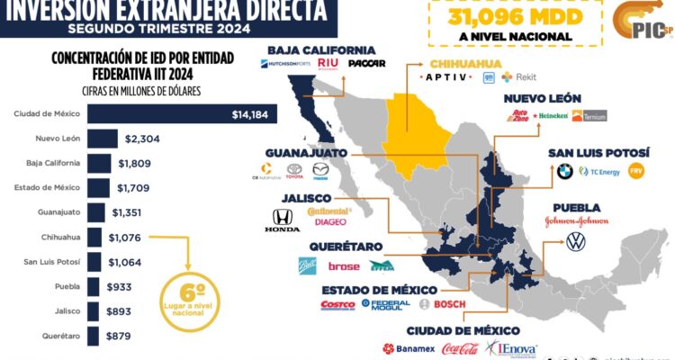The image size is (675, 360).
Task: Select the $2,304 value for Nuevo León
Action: (x=143, y=139)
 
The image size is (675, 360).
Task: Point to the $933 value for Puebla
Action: (x=119, y=287)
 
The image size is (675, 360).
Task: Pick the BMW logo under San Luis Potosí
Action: (x=564, y=170)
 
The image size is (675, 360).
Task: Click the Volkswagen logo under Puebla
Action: (x=575, y=242)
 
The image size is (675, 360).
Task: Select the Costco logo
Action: (x=337, y=305)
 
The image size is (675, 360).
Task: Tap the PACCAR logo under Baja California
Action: (x=369, y=63)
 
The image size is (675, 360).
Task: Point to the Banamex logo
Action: (x=409, y=348)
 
